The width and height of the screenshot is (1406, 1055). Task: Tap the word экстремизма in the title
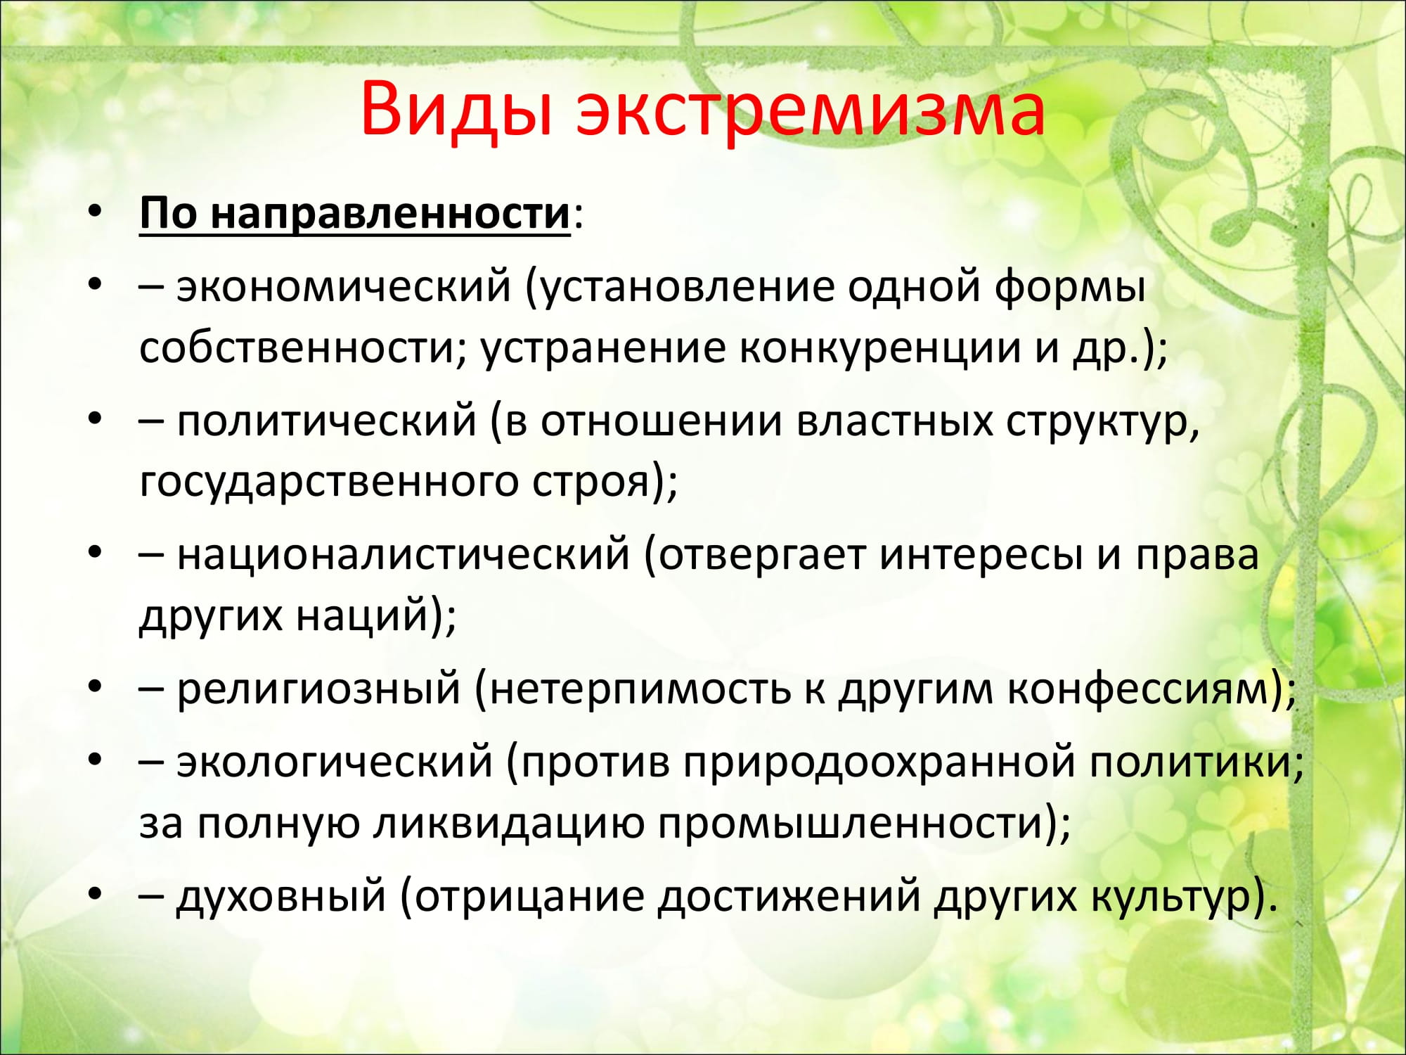(811, 113)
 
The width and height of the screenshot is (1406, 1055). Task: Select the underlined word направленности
(390, 213)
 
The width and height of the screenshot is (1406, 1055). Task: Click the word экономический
(344, 287)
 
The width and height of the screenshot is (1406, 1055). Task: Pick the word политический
(327, 421)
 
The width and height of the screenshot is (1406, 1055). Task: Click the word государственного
(329, 482)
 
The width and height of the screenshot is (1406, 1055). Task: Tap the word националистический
(403, 555)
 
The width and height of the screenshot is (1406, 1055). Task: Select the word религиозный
(318, 689)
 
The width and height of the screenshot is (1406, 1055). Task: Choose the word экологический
(335, 762)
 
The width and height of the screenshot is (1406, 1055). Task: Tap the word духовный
(281, 897)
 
